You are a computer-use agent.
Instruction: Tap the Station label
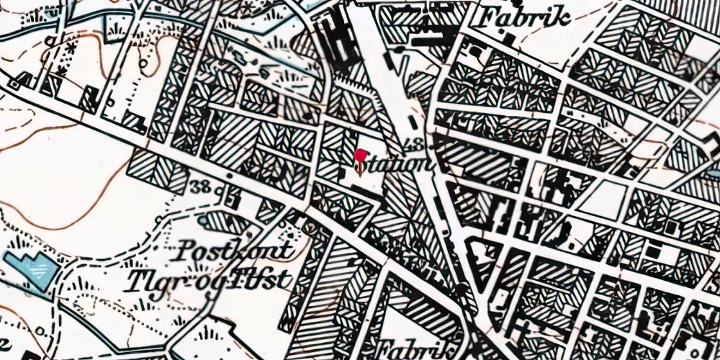click(x=395, y=165)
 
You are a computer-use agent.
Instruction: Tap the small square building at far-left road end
click(x=13, y=84)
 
